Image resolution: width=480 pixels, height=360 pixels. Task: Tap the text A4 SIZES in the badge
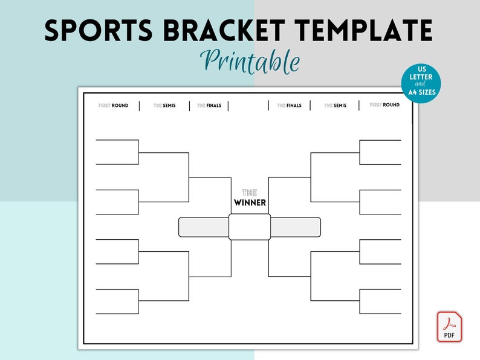[421, 93]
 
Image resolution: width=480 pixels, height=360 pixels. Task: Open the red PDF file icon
[450, 327]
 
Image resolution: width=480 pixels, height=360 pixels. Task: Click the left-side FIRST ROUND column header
[113, 106]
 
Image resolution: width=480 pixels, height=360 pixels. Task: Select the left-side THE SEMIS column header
[164, 106]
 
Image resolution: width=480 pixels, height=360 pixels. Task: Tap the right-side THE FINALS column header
[290, 106]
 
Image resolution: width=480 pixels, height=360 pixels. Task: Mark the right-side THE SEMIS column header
[336, 106]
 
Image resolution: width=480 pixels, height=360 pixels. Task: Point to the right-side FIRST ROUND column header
[384, 105]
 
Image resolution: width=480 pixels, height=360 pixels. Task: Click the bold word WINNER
[250, 202]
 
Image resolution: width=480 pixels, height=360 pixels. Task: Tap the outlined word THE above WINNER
[250, 192]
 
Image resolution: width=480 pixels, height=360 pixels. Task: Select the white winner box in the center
[250, 227]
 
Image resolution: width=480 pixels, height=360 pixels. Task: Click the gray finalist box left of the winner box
[203, 227]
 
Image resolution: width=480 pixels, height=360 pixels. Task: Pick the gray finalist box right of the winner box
[296, 227]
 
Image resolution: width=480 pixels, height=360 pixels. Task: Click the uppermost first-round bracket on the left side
[117, 152]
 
